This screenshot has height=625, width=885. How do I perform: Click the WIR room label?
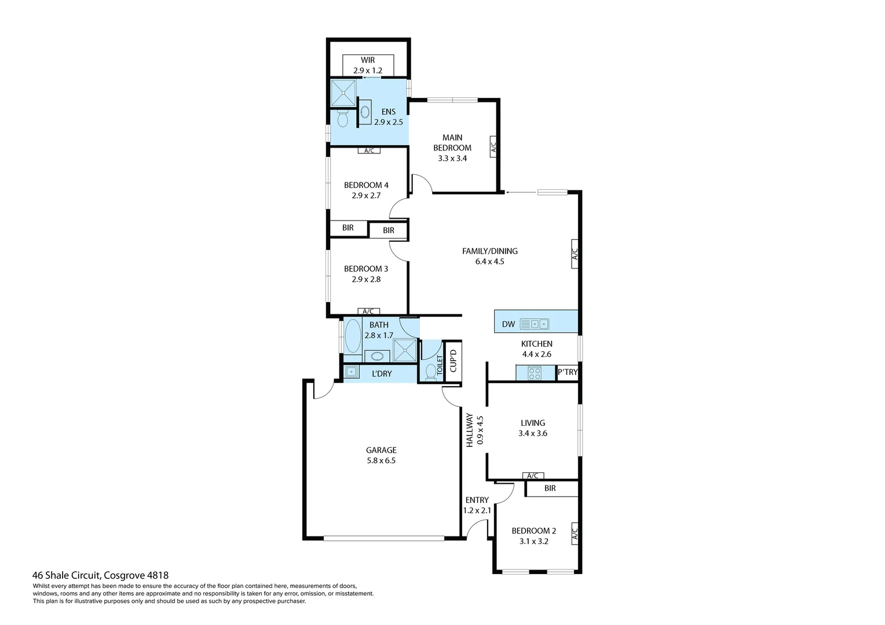[368, 60]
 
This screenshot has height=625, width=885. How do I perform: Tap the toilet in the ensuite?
[342, 118]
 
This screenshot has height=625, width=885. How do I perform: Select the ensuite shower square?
[343, 93]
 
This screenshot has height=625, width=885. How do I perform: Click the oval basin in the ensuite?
[365, 112]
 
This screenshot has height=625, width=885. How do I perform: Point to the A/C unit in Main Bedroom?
[493, 147]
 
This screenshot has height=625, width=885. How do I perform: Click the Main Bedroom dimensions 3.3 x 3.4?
[452, 158]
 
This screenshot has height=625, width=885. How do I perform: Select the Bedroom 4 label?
[366, 185]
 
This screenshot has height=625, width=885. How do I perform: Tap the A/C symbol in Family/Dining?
[575, 253]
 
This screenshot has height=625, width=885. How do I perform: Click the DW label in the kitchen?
[508, 324]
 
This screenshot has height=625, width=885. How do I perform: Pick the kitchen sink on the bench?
[534, 324]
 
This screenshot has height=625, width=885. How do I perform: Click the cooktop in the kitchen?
[534, 374]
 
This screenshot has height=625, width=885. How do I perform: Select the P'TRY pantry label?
[567, 372]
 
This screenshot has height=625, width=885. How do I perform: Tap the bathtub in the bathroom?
[353, 336]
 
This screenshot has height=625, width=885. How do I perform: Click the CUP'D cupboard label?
[453, 360]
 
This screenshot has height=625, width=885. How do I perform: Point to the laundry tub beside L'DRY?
[351, 372]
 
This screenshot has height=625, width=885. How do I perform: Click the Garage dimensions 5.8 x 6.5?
[381, 461]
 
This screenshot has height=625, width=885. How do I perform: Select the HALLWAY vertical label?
[470, 430]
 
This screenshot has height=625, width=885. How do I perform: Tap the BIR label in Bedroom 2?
[550, 488]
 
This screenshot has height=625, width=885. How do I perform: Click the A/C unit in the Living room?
[533, 476]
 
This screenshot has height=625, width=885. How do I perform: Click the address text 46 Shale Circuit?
[67, 575]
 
